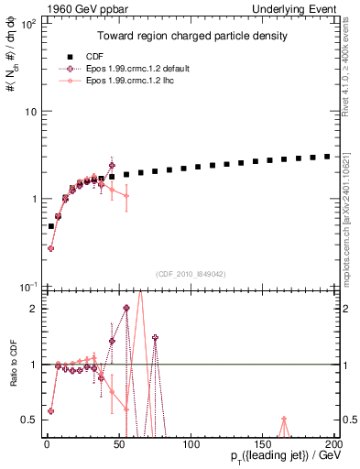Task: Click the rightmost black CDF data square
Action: pyautogui.click(x=328, y=156)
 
